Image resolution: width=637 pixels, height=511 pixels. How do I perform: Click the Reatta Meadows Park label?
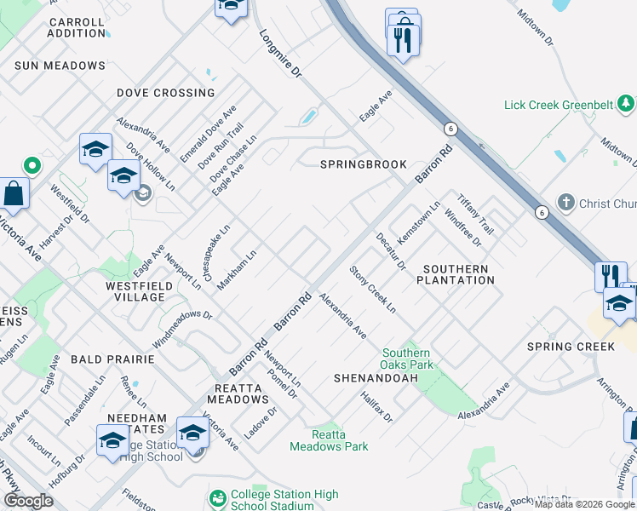pyautogui.click(x=329, y=440)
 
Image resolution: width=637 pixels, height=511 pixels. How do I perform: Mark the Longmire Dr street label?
pyautogui.click(x=280, y=55)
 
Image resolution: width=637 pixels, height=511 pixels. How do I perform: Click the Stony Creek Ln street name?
pyautogui.click(x=373, y=290)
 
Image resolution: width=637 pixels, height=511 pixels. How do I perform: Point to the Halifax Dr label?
pyautogui.click(x=376, y=407)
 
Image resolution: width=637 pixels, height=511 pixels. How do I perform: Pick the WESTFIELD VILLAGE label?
pyautogui.click(x=134, y=291)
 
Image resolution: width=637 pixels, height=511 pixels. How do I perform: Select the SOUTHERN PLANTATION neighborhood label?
pyautogui.click(x=455, y=274)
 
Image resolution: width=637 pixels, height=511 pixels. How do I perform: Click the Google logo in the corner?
pyautogui.click(x=28, y=501)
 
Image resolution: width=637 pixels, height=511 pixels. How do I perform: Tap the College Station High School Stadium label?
pyautogui.click(x=284, y=500)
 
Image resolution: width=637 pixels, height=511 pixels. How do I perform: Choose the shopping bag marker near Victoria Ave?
pyautogui.click(x=14, y=194)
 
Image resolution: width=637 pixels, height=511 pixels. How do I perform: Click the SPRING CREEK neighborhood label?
pyautogui.click(x=570, y=347)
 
